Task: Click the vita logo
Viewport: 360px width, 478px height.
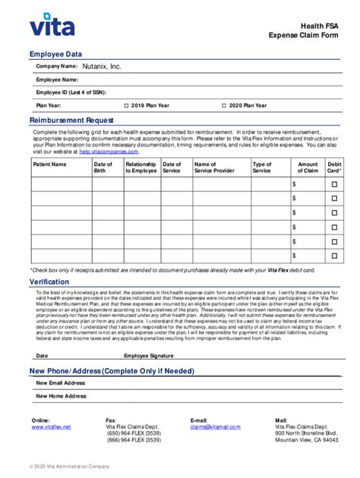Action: click(x=52, y=27)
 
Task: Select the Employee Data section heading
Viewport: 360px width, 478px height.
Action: click(x=55, y=55)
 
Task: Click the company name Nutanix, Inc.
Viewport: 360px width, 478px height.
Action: click(x=102, y=67)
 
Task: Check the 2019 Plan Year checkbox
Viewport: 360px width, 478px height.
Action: click(x=127, y=106)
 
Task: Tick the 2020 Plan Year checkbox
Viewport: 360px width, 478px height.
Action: click(x=224, y=106)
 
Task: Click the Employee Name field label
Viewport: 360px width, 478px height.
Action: click(x=57, y=80)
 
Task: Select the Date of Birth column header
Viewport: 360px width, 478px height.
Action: click(x=103, y=168)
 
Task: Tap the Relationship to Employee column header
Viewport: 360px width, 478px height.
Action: click(x=141, y=168)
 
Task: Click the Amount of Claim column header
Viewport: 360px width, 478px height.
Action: click(x=308, y=168)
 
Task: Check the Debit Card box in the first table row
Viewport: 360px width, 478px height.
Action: click(x=335, y=184)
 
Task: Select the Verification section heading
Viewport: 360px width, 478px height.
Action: click(x=49, y=282)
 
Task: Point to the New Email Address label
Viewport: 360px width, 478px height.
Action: click(x=61, y=383)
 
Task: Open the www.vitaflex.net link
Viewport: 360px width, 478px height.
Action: click(x=51, y=427)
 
